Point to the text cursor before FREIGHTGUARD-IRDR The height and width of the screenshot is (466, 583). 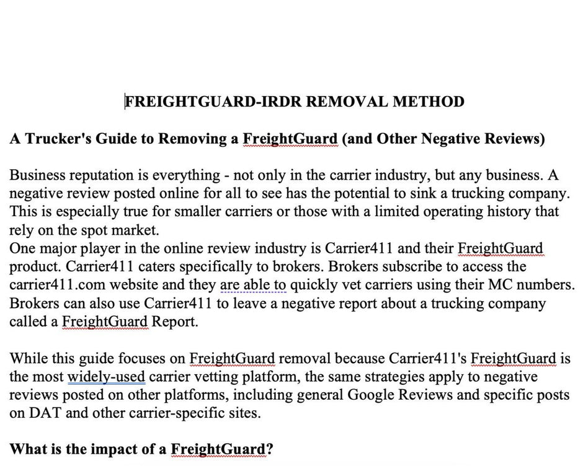pos(125,102)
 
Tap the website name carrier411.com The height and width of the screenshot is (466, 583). pos(53,285)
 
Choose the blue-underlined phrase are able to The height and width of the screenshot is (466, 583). pos(253,285)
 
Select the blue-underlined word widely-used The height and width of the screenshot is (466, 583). pos(106,377)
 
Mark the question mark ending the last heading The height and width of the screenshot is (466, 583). pos(270,449)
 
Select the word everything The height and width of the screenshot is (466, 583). pos(191,175)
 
